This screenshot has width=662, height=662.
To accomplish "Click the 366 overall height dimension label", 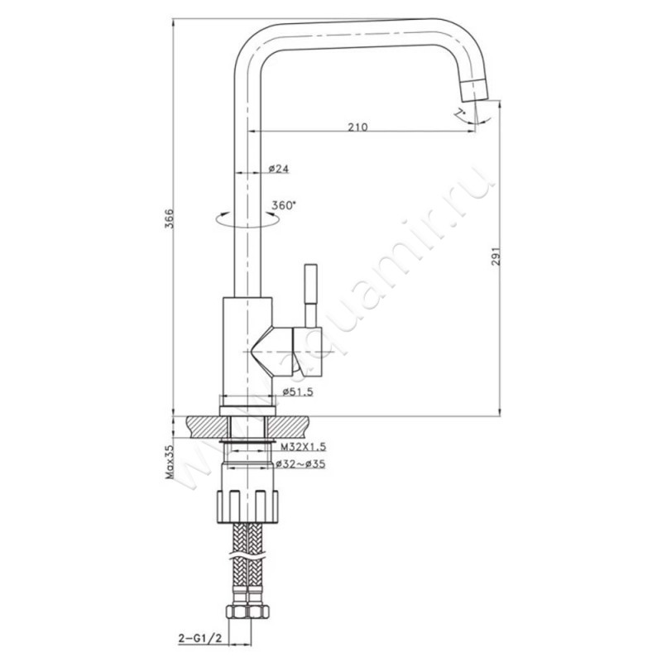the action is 169,218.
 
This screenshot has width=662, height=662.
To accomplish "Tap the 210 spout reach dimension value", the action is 357,127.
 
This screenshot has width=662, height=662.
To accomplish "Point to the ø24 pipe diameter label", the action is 279,169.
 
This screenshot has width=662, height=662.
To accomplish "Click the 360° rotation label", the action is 284,205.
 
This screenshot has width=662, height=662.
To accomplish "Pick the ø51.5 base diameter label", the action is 298,391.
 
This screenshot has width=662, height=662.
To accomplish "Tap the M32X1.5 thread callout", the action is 303,446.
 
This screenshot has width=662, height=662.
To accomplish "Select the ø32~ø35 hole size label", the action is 300,464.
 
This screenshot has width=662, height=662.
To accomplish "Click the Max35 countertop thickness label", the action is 170,463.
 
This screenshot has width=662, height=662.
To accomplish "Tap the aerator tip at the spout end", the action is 474,90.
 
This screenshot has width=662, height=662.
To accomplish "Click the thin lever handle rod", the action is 311,295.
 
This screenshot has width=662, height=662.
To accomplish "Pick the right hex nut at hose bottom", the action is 258,612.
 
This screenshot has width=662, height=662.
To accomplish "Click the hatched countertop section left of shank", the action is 208,427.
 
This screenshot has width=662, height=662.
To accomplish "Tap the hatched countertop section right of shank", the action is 288,427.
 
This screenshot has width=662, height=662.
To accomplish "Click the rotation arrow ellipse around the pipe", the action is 247,219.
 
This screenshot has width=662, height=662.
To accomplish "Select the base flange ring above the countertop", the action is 247,410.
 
